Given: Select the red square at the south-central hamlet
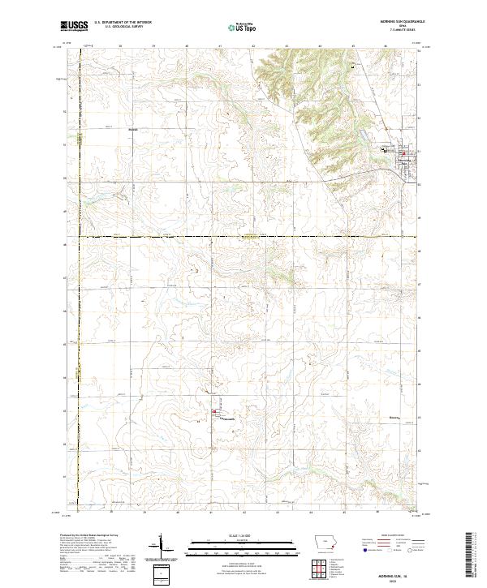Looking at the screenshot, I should [214, 414].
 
